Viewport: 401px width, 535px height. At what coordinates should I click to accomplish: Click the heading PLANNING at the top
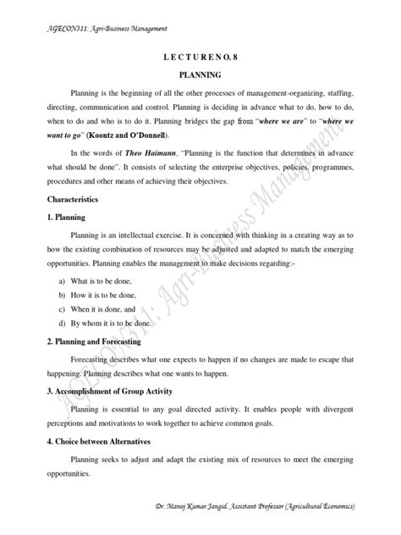tap(200, 74)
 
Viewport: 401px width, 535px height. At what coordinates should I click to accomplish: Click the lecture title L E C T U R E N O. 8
tap(200, 53)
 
